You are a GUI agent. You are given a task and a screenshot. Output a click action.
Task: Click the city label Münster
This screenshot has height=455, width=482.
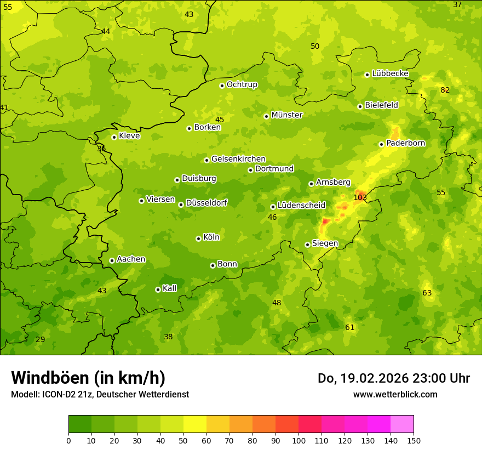pyautogui.click(x=286, y=115)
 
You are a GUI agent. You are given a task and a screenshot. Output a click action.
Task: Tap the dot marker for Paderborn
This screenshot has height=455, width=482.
pyautogui.click(x=381, y=144)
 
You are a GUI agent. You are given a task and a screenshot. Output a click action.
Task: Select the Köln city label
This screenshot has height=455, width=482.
pyautogui.click(x=211, y=237)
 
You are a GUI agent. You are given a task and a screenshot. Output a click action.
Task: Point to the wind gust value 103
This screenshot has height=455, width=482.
pyautogui.click(x=360, y=197)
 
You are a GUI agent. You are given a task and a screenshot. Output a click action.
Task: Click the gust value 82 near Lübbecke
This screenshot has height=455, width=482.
pyautogui.click(x=445, y=90)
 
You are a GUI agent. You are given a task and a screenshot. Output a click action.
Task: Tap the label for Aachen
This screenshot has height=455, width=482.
pyautogui.click(x=131, y=259)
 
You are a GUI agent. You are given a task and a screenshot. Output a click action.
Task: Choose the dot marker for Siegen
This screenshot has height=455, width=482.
pyautogui.click(x=307, y=244)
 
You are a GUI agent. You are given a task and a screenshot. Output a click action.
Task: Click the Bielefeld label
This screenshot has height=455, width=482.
pyautogui.click(x=381, y=105)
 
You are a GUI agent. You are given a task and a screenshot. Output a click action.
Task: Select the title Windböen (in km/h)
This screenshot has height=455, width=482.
pyautogui.click(x=88, y=378)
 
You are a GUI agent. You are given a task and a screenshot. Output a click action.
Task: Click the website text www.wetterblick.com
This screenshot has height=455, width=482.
pyautogui.click(x=395, y=394)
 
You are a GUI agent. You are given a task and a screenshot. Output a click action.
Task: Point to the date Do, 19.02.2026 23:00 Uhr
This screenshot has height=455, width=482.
pyautogui.click(x=393, y=378)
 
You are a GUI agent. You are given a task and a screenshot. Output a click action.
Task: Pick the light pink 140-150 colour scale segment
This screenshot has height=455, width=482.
pyautogui.click(x=402, y=424)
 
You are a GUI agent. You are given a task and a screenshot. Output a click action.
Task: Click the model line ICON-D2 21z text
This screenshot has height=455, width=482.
pyautogui.click(x=100, y=394)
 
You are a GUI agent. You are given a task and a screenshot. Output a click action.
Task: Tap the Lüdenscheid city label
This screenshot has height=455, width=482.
pyautogui.click(x=301, y=206)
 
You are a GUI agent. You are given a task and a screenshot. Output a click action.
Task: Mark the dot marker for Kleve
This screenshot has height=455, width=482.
pyautogui.click(x=114, y=137)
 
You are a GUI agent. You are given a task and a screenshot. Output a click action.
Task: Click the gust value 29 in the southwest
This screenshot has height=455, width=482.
pyautogui.click(x=41, y=339)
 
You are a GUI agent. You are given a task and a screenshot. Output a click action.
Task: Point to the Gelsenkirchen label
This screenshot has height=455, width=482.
pyautogui.click(x=238, y=159)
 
